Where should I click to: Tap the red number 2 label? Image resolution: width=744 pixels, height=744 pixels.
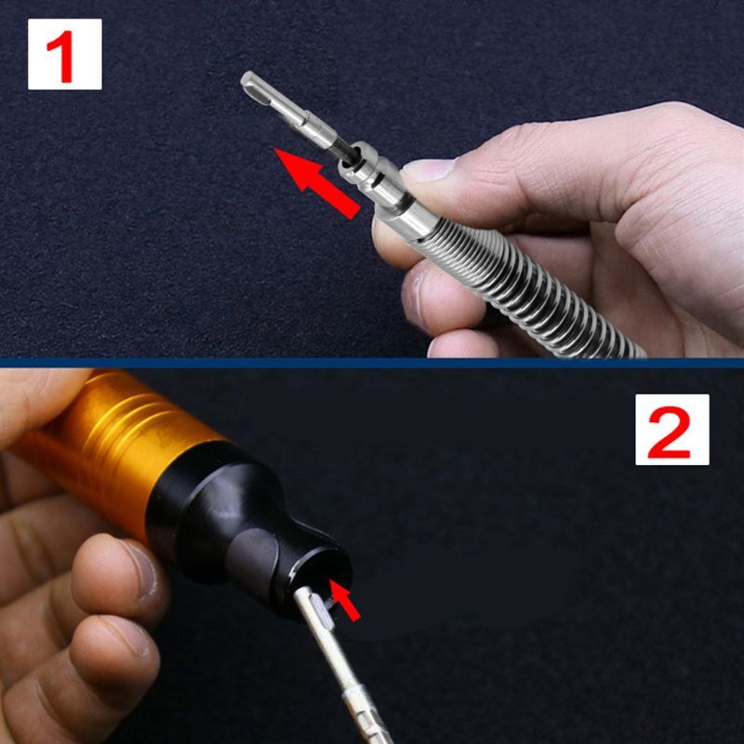(x=671, y=430)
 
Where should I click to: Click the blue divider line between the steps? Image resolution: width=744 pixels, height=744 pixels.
(x=372, y=363)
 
